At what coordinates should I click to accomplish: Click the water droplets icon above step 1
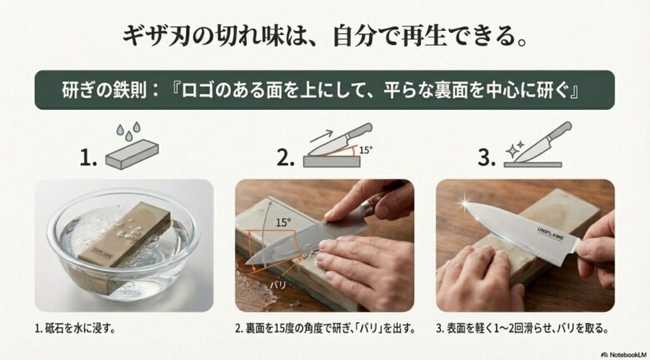pyautogui.click(x=128, y=131)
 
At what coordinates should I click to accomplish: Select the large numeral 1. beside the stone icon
pyautogui.click(x=87, y=157)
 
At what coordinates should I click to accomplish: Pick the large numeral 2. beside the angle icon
pyautogui.click(x=286, y=157)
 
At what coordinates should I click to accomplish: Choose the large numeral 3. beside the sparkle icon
pyautogui.click(x=486, y=157)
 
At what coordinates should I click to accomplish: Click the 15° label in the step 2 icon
pyautogui.click(x=366, y=150)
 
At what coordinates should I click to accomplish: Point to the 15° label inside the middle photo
pyautogui.click(x=282, y=222)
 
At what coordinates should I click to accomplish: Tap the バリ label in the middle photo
pyautogui.click(x=277, y=285)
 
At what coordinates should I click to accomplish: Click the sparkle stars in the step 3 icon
pyautogui.click(x=515, y=147)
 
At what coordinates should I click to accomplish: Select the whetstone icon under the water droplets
pyautogui.click(x=132, y=154)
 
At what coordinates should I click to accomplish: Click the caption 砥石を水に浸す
pyautogui.click(x=75, y=329)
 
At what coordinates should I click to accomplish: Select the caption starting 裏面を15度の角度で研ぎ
pyautogui.click(x=325, y=329)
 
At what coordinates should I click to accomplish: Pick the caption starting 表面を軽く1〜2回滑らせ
pyautogui.click(x=522, y=329)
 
